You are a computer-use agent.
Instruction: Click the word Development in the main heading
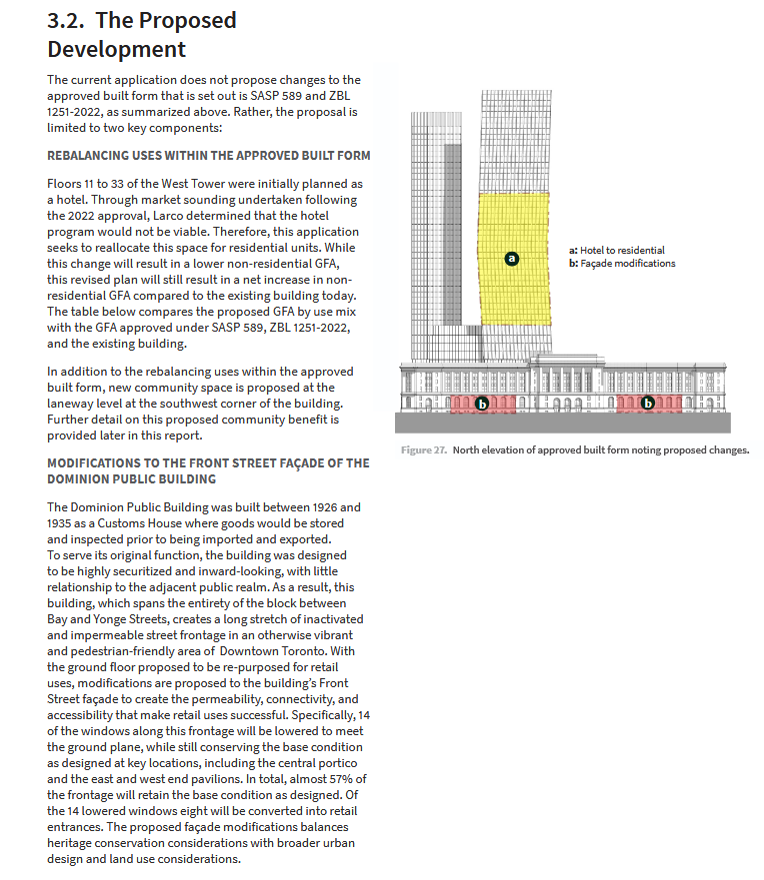116,49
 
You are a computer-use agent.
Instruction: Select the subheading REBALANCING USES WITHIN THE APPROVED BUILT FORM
208,156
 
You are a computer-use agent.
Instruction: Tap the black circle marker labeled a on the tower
512,258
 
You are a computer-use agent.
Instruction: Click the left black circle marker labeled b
482,405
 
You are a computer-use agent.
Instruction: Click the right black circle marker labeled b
648,405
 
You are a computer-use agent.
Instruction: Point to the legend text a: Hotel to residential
616,250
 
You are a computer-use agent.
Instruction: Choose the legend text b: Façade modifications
621,263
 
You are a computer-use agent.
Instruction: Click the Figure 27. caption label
424,450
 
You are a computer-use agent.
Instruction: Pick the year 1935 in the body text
62,523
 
